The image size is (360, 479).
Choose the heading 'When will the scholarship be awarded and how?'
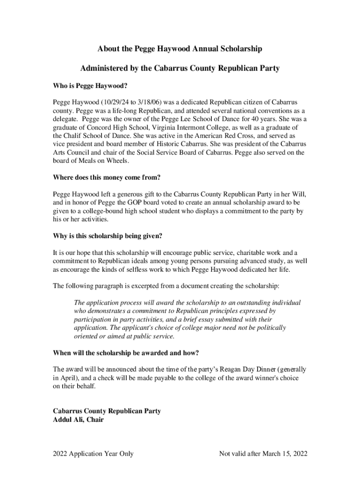(x=129, y=352)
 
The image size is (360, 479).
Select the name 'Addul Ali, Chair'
(x=79, y=420)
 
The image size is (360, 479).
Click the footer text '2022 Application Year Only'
(x=93, y=453)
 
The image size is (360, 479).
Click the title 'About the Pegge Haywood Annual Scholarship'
(x=180, y=49)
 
